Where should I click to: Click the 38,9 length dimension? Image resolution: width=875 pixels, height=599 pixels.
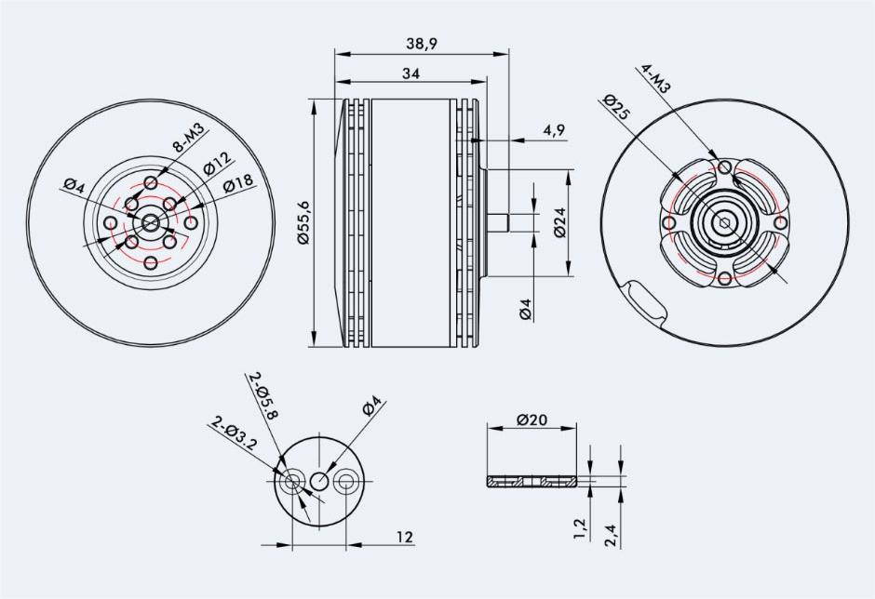pyautogui.click(x=422, y=44)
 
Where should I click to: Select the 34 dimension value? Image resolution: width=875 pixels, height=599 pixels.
pyautogui.click(x=411, y=73)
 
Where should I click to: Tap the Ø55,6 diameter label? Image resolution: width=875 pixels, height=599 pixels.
pyautogui.click(x=303, y=222)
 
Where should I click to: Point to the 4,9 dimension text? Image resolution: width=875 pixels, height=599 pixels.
pyautogui.click(x=554, y=130)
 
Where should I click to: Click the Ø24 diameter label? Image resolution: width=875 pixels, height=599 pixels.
pyautogui.click(x=559, y=222)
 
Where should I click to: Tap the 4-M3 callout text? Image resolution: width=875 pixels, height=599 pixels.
pyautogui.click(x=656, y=78)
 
